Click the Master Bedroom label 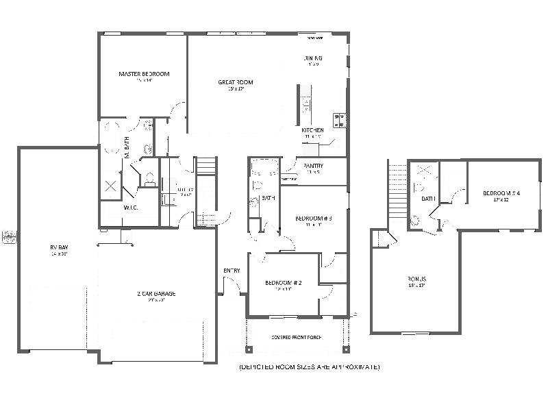144,74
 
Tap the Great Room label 232,82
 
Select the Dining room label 312,58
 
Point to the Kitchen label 312,130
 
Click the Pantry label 314,166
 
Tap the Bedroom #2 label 284,283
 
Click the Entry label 232,271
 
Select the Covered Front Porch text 296,338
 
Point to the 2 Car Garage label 156,294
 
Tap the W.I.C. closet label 131,208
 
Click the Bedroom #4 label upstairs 501,194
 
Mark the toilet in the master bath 149,179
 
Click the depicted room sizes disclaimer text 309,367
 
